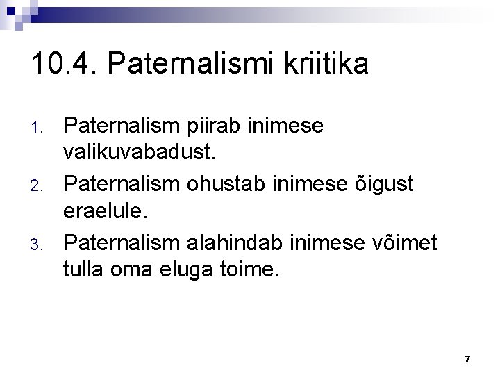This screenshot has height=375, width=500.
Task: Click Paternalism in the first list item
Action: (x=122, y=127)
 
